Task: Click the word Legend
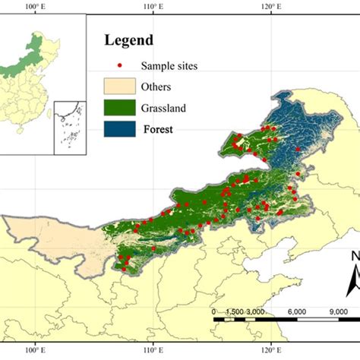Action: (x=128, y=40)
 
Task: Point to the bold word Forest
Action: (x=158, y=129)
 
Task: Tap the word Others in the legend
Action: (x=157, y=87)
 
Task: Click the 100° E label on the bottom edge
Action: (x=36, y=349)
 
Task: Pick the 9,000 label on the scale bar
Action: (x=337, y=311)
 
